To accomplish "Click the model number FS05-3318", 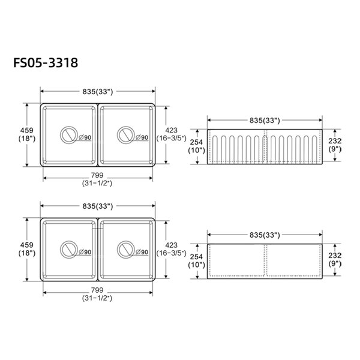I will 47,62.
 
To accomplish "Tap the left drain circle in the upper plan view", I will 68,135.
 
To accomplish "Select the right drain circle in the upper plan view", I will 126,135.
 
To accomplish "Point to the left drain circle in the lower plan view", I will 68,249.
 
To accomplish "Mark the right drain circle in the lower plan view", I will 126,249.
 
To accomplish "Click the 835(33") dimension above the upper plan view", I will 97,91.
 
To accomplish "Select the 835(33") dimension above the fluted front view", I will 265,121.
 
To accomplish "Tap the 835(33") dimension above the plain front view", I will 265,235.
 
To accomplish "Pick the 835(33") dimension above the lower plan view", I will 97,206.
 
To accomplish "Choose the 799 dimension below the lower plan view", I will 97,290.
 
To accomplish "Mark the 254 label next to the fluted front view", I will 196,142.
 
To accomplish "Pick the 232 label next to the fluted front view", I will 335,140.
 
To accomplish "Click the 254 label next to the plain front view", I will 196,257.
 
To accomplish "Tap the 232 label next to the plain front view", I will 335,255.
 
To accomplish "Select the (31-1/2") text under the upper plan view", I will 97,184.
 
